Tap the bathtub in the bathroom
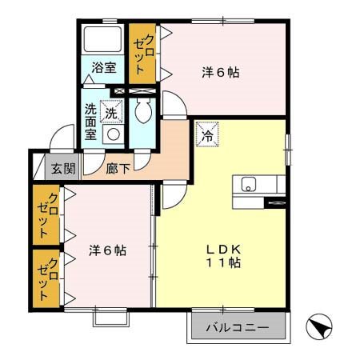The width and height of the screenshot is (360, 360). [x=102, y=39]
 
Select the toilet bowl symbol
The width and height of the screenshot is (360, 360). [x=144, y=111]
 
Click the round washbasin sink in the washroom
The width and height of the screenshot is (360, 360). [x=114, y=135]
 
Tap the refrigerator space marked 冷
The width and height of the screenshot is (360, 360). [x=206, y=132]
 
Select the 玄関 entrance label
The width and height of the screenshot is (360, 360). [x=63, y=169]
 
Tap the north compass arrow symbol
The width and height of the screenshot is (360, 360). [x=319, y=328]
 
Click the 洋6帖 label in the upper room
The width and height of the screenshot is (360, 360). [x=220, y=71]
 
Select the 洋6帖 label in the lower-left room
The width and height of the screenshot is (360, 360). [x=106, y=250]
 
